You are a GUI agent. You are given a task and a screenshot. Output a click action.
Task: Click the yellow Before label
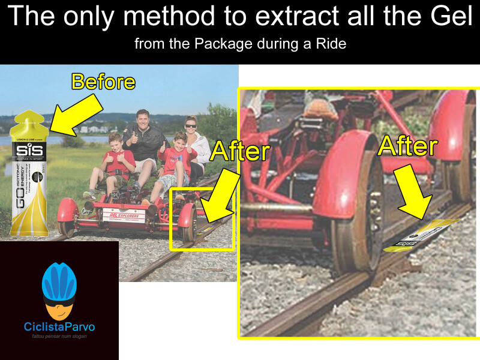click(x=103, y=82)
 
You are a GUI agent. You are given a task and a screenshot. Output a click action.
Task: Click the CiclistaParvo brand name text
click(x=59, y=328)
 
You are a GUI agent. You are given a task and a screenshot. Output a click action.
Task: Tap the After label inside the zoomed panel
click(x=407, y=146)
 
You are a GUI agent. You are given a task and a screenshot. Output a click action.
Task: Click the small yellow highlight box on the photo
click(x=202, y=218)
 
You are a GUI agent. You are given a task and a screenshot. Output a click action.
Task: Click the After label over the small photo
click(x=239, y=151)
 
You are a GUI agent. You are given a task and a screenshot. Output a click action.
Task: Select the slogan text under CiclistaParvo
click(x=59, y=337)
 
